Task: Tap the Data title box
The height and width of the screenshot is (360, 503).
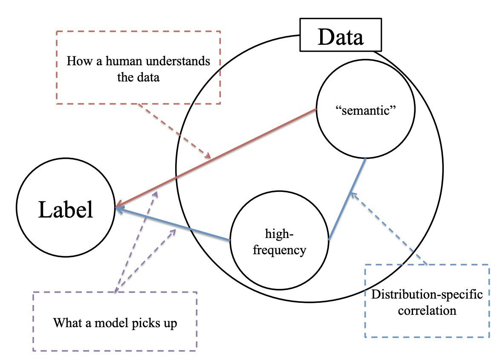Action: click(341, 38)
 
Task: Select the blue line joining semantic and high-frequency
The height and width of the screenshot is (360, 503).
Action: click(347, 199)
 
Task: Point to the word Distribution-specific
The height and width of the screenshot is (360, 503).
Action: click(427, 295)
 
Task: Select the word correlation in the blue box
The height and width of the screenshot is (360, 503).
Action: click(427, 310)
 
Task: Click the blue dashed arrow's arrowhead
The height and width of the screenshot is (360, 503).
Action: click(351, 195)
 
